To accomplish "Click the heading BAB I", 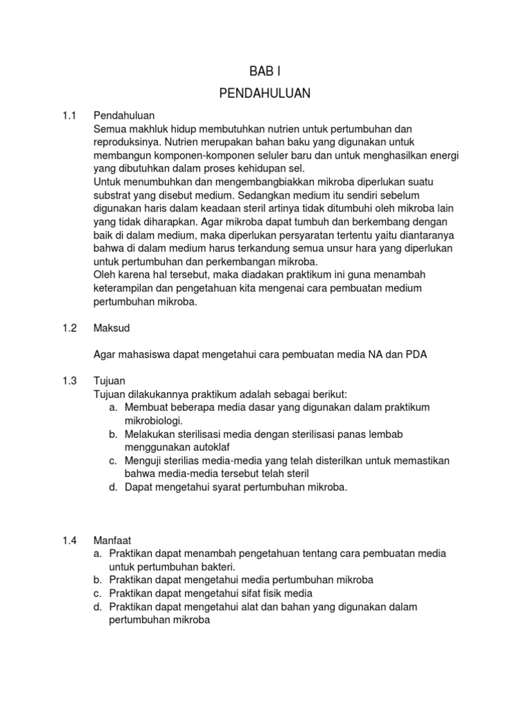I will (265, 71).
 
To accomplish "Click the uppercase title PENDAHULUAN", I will (265, 92).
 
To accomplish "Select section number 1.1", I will (69, 115).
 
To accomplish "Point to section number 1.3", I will (69, 381).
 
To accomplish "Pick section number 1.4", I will (69, 540).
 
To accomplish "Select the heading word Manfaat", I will (112, 540).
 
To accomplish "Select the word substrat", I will (113, 194).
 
